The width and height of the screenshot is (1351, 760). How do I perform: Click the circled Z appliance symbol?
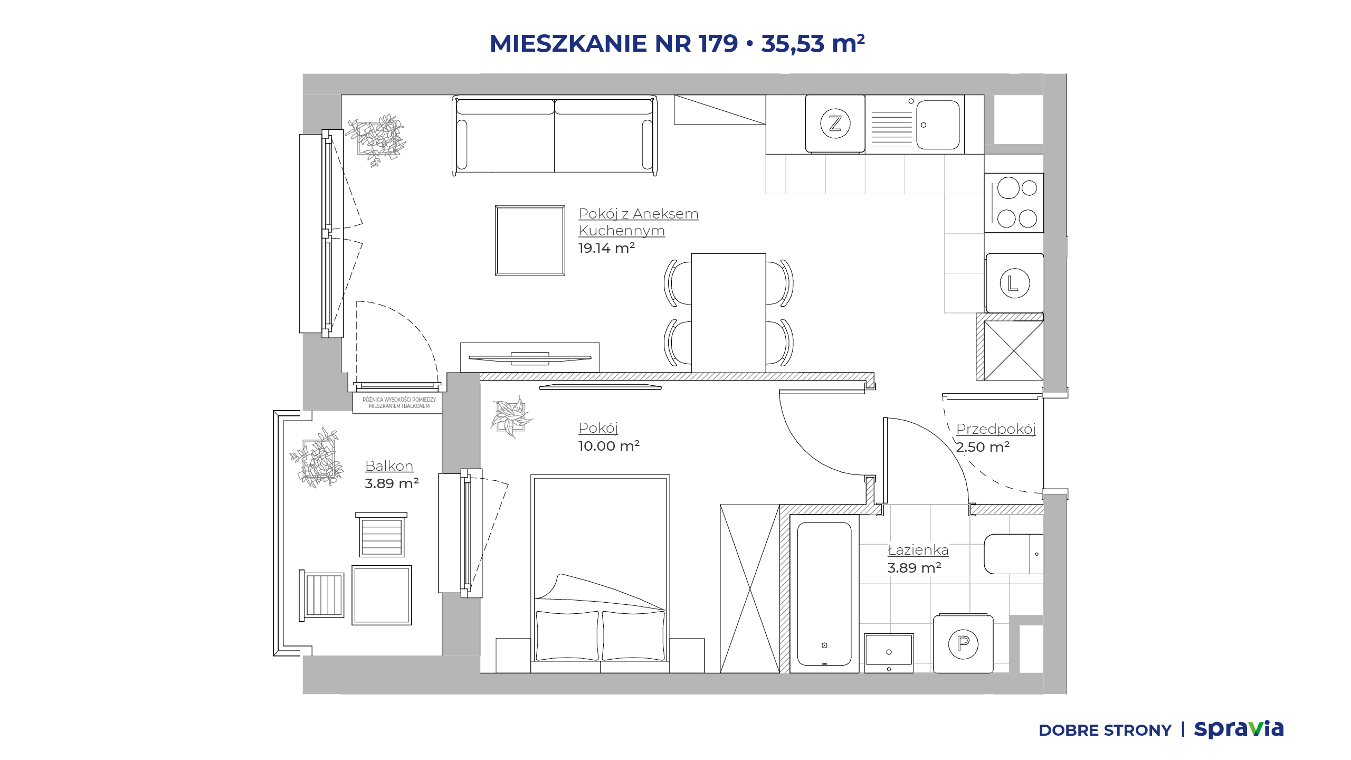click(x=835, y=123)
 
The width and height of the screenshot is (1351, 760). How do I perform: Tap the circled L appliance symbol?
click(x=1014, y=283)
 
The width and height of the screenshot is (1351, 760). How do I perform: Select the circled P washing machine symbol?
click(x=963, y=644)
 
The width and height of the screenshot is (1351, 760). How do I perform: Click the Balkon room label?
click(x=389, y=466)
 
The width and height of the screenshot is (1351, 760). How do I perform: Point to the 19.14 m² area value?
click(x=606, y=248)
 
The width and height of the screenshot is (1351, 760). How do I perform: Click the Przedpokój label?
click(x=996, y=429)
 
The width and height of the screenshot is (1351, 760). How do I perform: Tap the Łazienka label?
click(x=918, y=550)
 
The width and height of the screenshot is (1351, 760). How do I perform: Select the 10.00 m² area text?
click(x=609, y=446)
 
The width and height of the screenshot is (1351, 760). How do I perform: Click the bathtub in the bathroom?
click(x=824, y=594)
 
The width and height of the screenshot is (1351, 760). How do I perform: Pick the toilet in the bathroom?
click(x=1013, y=554)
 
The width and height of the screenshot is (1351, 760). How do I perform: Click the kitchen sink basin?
click(x=938, y=125)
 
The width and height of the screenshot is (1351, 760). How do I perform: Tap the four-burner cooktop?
click(x=1014, y=203)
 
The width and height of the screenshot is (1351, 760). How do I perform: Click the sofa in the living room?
click(x=555, y=135)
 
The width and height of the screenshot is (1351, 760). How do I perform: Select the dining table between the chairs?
click(x=728, y=313)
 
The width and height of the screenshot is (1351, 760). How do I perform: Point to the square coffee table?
click(x=530, y=241)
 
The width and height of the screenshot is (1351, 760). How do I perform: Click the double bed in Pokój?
click(x=600, y=574)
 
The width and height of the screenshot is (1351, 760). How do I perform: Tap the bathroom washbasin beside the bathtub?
click(x=889, y=653)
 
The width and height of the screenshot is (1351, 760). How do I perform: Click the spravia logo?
click(x=1239, y=729)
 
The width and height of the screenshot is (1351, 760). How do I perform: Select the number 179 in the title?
click(x=718, y=43)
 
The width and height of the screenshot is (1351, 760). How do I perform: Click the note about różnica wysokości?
click(x=399, y=403)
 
